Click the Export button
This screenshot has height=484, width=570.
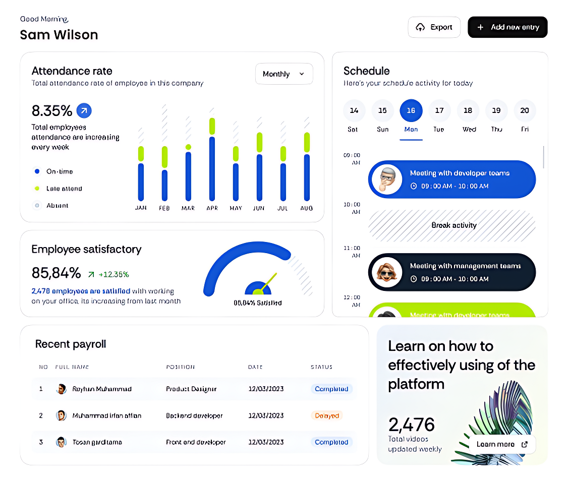434,27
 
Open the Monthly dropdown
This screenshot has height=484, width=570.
284,74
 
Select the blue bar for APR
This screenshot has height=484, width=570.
212,169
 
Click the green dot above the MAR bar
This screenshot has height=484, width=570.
188,147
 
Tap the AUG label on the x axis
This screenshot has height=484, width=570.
306,208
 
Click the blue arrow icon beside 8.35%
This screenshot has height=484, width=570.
84,110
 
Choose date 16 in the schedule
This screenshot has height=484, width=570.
411,110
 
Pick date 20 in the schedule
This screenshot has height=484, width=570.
525,110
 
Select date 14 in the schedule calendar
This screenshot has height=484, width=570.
354,110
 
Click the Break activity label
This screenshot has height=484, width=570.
453,225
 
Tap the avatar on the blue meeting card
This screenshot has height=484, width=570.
386,179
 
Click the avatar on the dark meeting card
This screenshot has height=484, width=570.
386,272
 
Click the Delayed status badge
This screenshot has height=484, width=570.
327,416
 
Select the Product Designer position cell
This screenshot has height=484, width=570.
191,389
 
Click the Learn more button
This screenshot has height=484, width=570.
502,444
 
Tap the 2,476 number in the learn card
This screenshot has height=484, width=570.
411,425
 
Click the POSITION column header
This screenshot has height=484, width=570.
180,367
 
